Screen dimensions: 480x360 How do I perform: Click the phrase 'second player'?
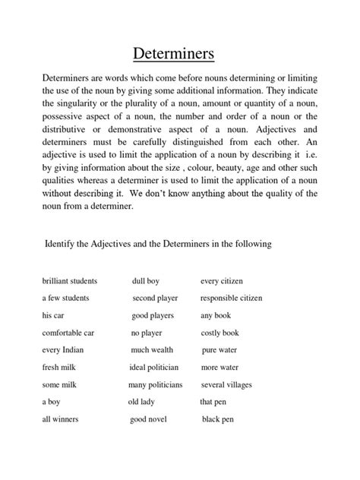click(155, 298)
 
